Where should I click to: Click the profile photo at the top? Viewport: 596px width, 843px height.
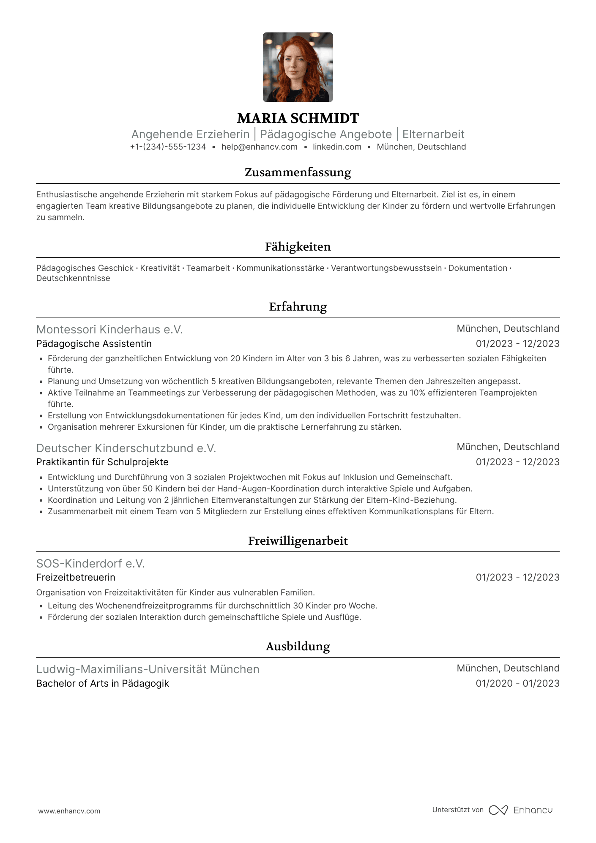click(298, 67)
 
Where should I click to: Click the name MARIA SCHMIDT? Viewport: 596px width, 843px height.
click(298, 118)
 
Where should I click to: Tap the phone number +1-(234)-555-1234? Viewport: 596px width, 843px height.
click(168, 147)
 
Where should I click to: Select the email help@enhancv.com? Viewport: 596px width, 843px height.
click(259, 147)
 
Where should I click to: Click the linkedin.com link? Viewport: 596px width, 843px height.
click(337, 147)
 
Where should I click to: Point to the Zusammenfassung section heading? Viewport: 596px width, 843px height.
click(298, 172)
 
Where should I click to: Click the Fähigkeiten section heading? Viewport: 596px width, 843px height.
click(298, 247)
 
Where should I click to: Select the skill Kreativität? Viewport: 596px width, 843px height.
click(160, 268)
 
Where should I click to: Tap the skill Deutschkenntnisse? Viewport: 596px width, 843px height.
click(73, 278)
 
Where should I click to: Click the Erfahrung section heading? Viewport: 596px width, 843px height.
click(298, 307)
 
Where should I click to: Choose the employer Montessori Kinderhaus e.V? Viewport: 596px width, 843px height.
click(109, 330)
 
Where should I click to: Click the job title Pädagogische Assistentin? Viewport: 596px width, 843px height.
click(94, 344)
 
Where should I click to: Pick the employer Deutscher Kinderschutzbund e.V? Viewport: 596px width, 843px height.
click(126, 448)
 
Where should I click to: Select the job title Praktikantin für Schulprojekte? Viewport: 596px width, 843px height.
click(102, 462)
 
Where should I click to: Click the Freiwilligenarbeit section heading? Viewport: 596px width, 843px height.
click(298, 541)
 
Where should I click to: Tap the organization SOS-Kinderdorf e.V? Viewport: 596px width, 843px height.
click(90, 564)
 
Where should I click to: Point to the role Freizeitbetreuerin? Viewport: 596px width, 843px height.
click(76, 578)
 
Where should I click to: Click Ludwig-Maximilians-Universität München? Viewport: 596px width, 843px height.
click(148, 669)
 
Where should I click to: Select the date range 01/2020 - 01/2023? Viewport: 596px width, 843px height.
click(517, 684)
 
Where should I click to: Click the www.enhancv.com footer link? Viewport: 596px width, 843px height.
click(69, 811)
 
